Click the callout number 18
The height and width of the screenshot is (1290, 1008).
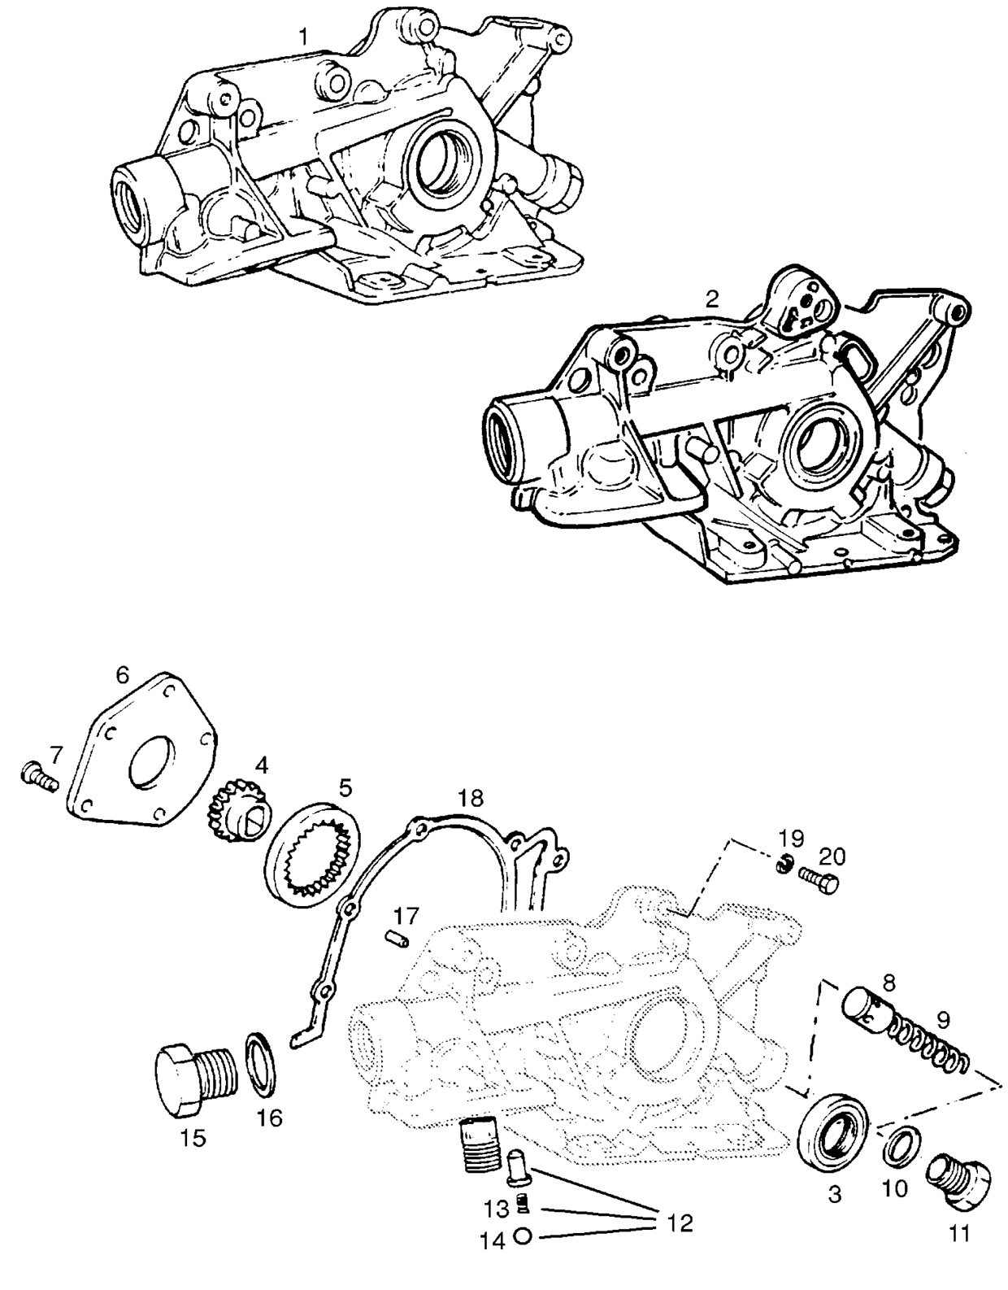(469, 795)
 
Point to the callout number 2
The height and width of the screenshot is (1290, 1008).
(712, 298)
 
